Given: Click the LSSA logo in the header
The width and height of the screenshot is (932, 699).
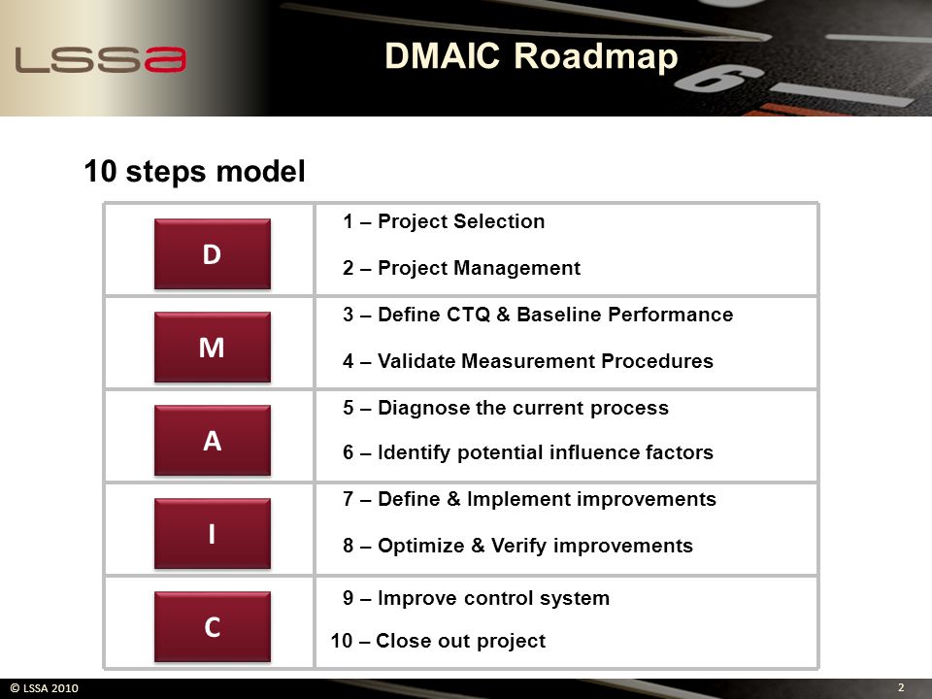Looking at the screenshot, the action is [100, 59].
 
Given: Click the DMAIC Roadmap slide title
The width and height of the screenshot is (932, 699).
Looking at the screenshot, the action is [531, 56].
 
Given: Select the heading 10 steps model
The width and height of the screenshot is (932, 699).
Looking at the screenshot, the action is [194, 171].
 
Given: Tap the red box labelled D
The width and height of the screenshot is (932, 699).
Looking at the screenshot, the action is [213, 253].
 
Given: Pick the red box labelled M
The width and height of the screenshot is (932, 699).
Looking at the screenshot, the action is [213, 348].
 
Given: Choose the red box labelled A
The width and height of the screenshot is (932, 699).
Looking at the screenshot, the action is [213, 441].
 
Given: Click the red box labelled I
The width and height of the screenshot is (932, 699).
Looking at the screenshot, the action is [213, 534].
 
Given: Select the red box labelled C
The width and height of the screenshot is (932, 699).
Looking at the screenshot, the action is [213, 626].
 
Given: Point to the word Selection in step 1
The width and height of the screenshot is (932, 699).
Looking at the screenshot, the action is [499, 221].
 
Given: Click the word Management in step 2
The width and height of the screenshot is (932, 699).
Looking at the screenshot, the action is [517, 268].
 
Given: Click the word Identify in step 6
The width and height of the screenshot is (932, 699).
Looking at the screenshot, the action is [414, 453].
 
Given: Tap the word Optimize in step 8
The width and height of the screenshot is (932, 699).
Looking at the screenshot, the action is [420, 547].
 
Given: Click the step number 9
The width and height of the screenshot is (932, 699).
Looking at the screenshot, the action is [349, 598].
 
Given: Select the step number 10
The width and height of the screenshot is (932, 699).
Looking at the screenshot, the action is [342, 641].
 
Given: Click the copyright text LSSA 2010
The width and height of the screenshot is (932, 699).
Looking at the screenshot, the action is [45, 688].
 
